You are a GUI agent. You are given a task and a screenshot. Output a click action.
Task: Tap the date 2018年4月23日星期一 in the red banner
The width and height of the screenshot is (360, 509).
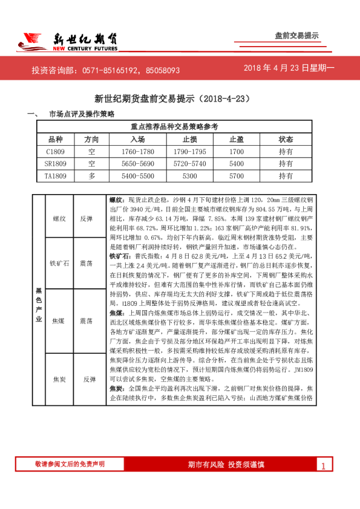coord(289,69)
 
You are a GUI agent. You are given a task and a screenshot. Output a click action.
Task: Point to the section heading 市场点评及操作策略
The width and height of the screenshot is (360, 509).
coord(82,114)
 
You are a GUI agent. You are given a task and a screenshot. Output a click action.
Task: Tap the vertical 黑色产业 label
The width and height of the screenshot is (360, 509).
coord(38,305)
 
